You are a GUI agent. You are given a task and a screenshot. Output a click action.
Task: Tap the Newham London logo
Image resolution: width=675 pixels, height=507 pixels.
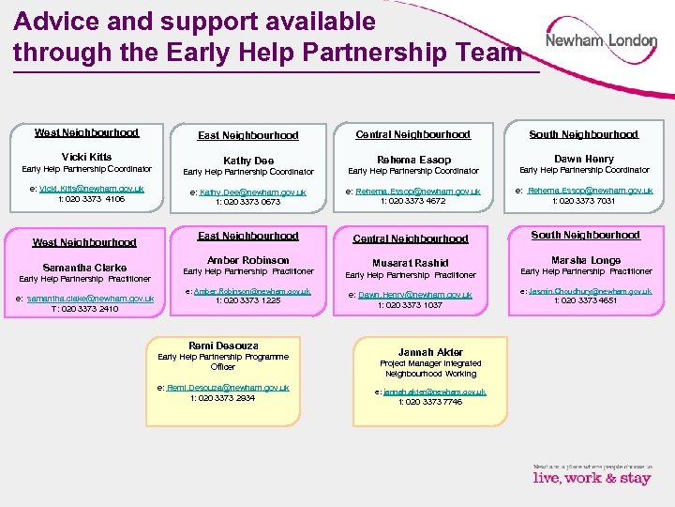tap(602, 41)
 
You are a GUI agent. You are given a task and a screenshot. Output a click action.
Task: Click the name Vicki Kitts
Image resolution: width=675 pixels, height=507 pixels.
tap(86, 157)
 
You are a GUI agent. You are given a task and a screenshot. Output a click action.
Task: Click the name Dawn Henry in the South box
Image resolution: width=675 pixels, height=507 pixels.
tap(584, 159)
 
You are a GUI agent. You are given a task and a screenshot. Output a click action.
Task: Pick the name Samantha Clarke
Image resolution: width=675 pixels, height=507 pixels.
tap(84, 268)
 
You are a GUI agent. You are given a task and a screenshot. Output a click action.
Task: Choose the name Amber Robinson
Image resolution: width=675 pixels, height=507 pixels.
tap(248, 260)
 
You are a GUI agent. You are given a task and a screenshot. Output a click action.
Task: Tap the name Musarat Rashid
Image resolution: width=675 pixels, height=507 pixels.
tap(411, 263)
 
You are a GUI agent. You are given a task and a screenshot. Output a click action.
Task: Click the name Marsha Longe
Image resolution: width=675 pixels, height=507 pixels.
tap(585, 260)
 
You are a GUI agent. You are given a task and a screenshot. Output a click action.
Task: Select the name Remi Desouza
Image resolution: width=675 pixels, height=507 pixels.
tap(223, 346)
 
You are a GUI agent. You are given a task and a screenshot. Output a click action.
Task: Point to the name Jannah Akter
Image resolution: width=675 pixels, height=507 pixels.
tap(430, 352)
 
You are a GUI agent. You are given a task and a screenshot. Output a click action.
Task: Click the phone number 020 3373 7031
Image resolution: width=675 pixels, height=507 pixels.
tap(584, 200)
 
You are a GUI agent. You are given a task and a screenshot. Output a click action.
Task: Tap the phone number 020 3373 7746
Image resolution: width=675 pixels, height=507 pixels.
tap(430, 402)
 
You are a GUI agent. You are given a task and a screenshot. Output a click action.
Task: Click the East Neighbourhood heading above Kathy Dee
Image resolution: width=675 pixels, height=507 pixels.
tap(247, 135)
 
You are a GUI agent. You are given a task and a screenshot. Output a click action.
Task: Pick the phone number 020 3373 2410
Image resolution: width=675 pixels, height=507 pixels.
tap(84, 308)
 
